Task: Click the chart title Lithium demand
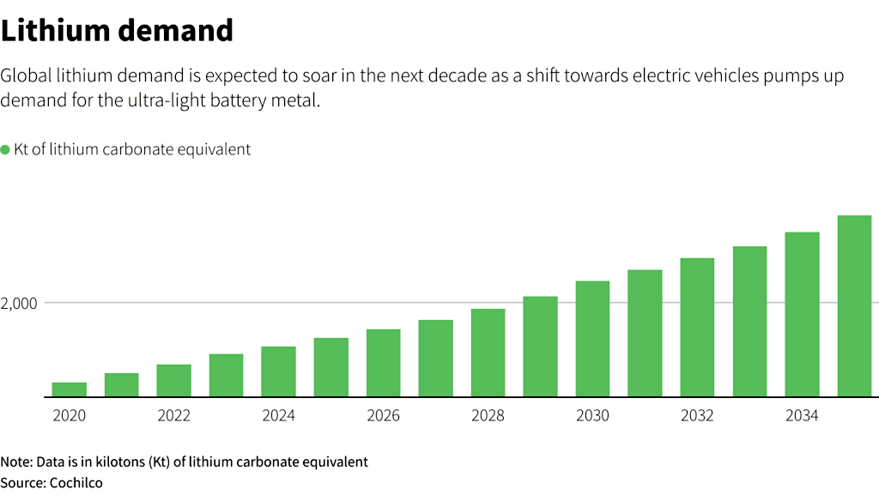(117, 31)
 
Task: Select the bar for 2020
(70, 389)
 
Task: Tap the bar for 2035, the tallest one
(854, 306)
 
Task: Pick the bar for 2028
(488, 353)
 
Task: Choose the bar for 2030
(592, 339)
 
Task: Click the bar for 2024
(278, 371)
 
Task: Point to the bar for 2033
(749, 322)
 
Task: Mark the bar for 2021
(122, 385)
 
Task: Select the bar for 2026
(383, 363)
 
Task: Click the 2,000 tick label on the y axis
(20, 304)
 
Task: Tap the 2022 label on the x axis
(174, 416)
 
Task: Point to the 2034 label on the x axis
(802, 416)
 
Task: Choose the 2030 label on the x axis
(592, 416)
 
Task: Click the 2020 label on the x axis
(70, 416)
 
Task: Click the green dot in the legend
(5, 150)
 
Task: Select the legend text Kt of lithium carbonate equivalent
(132, 149)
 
